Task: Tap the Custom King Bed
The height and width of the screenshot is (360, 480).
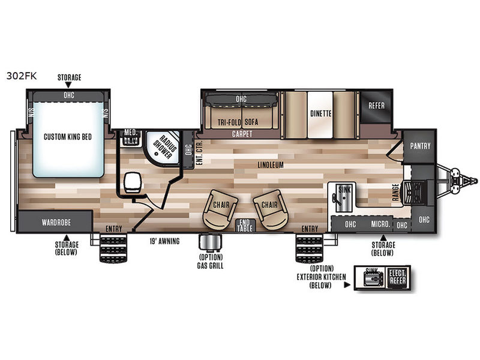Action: (67, 137)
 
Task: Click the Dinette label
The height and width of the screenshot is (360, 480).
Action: (321, 113)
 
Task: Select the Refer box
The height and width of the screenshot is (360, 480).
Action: (376, 106)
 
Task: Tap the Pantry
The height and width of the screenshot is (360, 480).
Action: (421, 146)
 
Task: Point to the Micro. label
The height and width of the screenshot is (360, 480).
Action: (380, 224)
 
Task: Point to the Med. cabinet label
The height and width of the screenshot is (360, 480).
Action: (130, 133)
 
